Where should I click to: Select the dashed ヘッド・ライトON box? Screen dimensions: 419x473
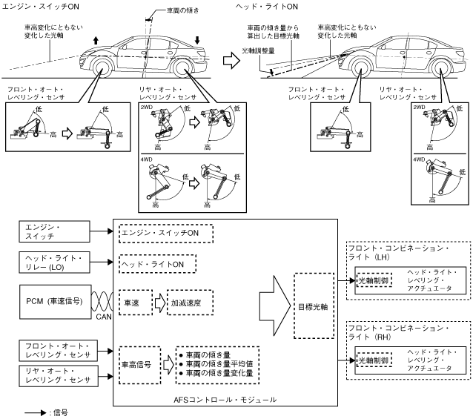(157, 263)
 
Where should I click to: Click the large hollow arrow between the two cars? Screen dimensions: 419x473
(234, 62)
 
